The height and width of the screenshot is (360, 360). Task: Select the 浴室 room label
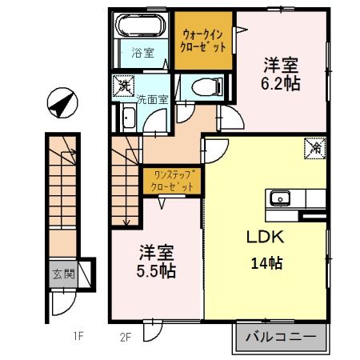(x=141, y=54)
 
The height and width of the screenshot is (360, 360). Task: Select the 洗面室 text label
(x=151, y=101)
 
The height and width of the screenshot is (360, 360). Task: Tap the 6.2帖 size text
(x=280, y=82)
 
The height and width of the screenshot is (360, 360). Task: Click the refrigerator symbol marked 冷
(x=315, y=147)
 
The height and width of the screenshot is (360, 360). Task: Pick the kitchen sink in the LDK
(x=282, y=198)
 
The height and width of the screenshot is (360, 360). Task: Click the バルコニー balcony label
(x=281, y=335)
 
